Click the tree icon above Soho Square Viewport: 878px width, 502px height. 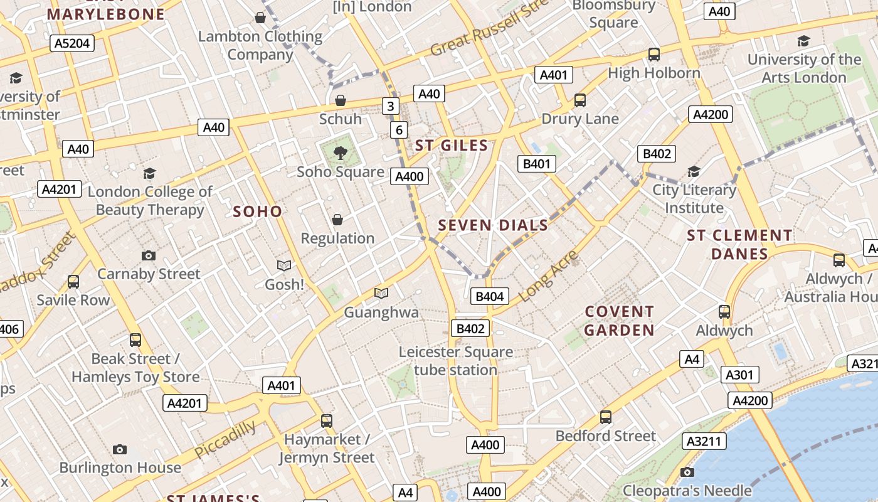tap(340, 152)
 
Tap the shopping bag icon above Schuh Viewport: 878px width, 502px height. tap(340, 100)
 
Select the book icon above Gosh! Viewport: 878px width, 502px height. tap(284, 266)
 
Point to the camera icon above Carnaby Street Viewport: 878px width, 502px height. tap(149, 255)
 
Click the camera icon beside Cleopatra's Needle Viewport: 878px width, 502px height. tap(687, 472)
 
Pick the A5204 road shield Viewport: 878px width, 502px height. tap(72, 43)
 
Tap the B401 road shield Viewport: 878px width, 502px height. tap(537, 164)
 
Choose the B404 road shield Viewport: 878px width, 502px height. tap(489, 297)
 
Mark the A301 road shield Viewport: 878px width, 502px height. tap(739, 375)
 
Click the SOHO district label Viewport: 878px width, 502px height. tap(258, 211)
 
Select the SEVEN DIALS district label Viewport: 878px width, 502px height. tap(493, 225)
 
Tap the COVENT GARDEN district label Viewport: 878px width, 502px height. tap(620, 321)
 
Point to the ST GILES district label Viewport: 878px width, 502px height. tap(452, 146)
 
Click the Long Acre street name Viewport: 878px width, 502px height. tap(549, 276)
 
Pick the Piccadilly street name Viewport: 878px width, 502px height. tap(225, 440)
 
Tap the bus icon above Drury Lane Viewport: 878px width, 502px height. tap(580, 100)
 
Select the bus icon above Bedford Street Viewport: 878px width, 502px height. tap(605, 417)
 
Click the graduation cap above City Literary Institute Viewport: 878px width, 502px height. tap(694, 172)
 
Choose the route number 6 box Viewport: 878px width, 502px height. tap(399, 130)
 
